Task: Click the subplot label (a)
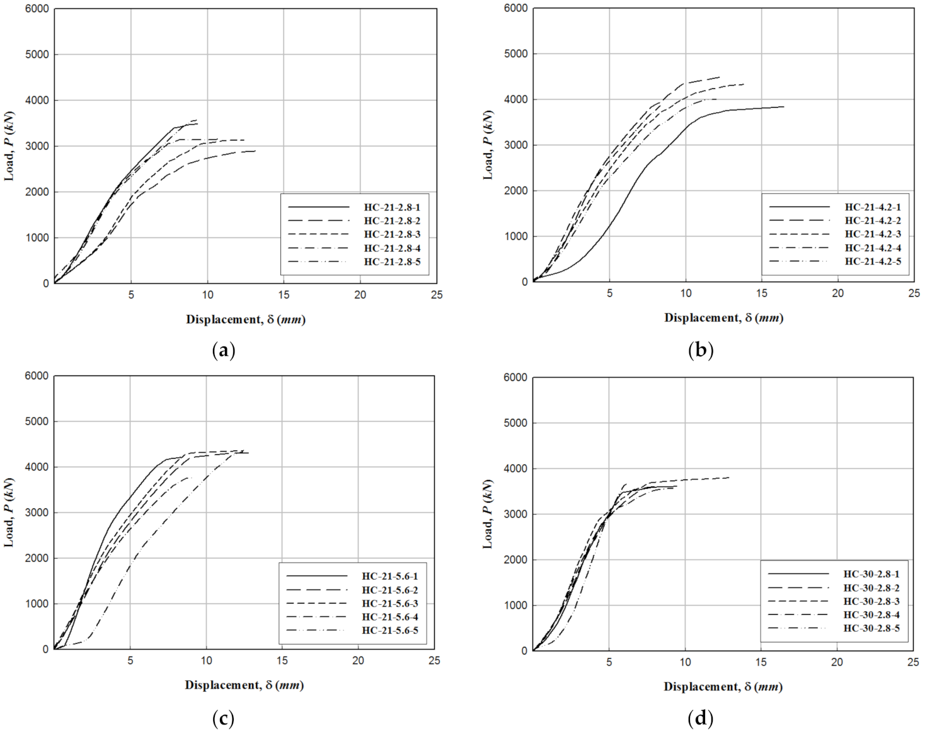point(224,350)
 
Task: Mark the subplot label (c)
point(224,719)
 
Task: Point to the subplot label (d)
point(701,719)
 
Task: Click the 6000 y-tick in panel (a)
point(37,9)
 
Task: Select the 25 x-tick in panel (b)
point(914,294)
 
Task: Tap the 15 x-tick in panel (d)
point(761,662)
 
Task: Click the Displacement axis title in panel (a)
point(245,319)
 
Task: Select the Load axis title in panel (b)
point(488,145)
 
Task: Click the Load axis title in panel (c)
point(9,512)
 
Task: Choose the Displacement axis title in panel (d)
point(723,687)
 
